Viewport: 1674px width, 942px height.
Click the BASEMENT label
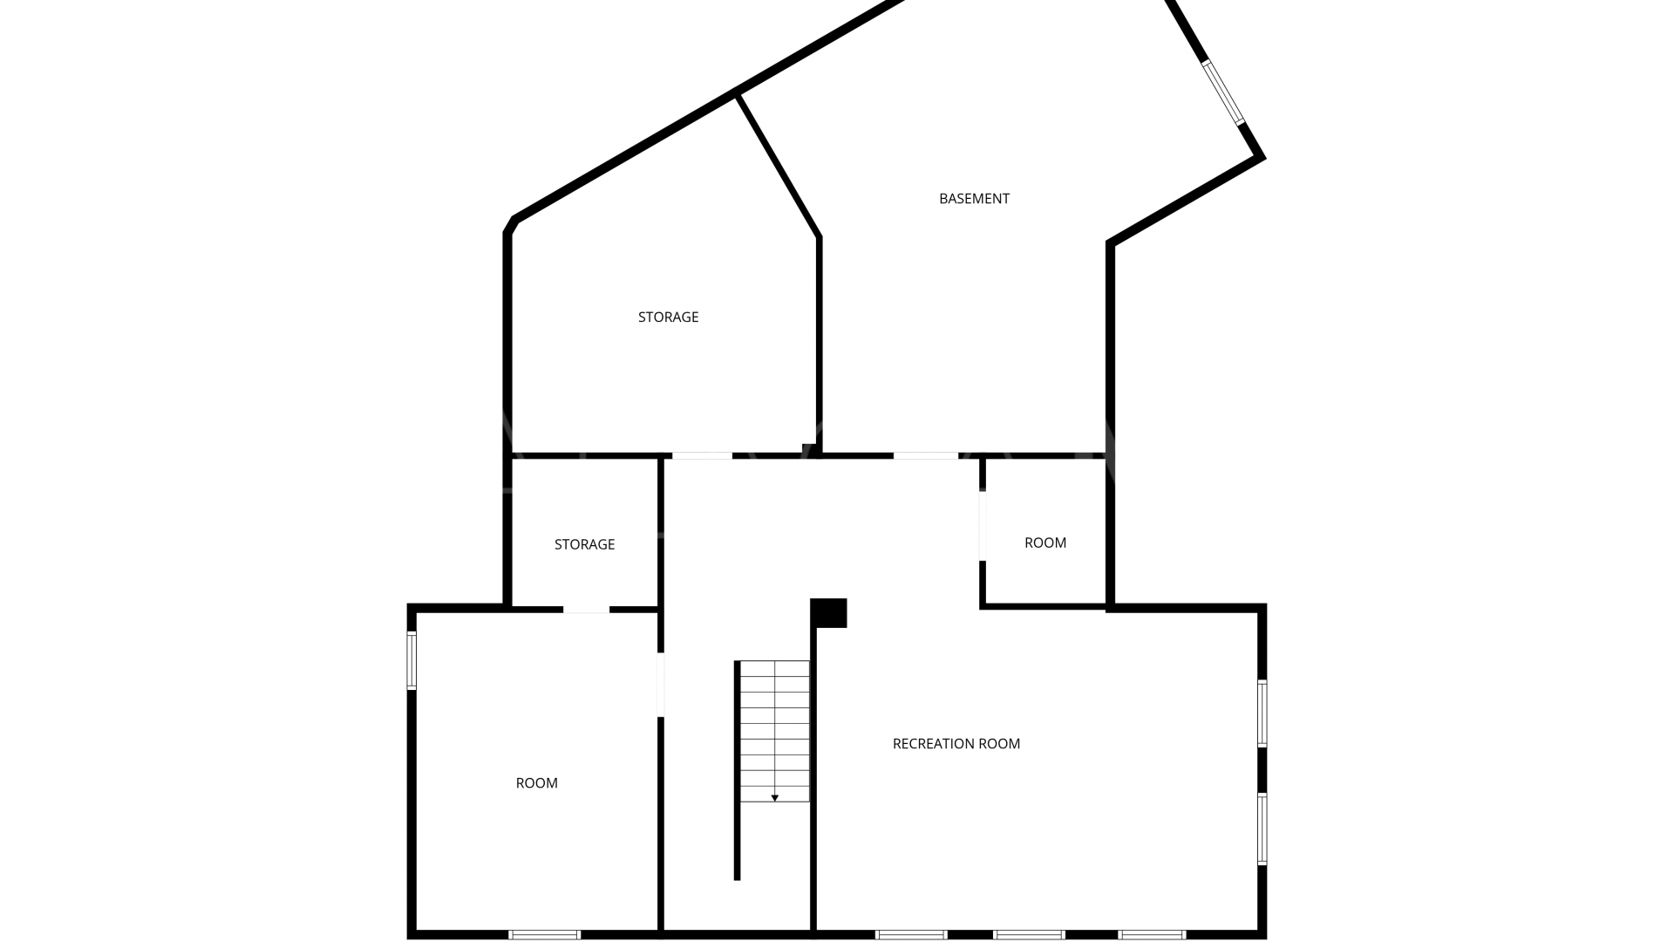pyautogui.click(x=974, y=199)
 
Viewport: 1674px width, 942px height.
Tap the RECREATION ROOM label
pyautogui.click(x=956, y=744)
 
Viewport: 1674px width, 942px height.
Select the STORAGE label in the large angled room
pyautogui.click(x=668, y=317)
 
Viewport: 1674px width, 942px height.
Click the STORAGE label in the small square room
pyautogui.click(x=584, y=544)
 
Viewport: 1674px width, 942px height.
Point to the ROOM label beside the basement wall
pyautogui.click(x=1045, y=543)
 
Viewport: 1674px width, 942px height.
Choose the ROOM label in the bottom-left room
pyautogui.click(x=536, y=783)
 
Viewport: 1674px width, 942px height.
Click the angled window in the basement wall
pyautogui.click(x=1223, y=92)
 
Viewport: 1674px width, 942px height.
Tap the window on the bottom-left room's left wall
pyautogui.click(x=412, y=660)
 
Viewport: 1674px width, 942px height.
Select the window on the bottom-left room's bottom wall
pyautogui.click(x=544, y=934)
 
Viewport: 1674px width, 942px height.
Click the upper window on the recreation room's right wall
pyautogui.click(x=1262, y=713)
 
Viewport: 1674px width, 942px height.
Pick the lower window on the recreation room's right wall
pyautogui.click(x=1262, y=828)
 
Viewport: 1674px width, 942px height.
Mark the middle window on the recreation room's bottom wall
pyautogui.click(x=1029, y=934)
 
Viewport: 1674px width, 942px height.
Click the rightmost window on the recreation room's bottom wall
pyautogui.click(x=1152, y=934)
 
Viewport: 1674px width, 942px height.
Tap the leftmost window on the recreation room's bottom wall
pyautogui.click(x=911, y=934)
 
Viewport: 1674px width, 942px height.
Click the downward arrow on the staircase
pyautogui.click(x=774, y=797)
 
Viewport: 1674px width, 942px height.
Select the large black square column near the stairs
pyautogui.click(x=828, y=612)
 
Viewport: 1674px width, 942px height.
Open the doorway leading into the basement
pyautogui.click(x=925, y=455)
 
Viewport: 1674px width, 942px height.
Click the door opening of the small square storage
pyautogui.click(x=586, y=609)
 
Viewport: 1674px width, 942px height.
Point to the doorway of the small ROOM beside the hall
pyautogui.click(x=983, y=526)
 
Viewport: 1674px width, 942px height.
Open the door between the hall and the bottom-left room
pyautogui.click(x=661, y=685)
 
